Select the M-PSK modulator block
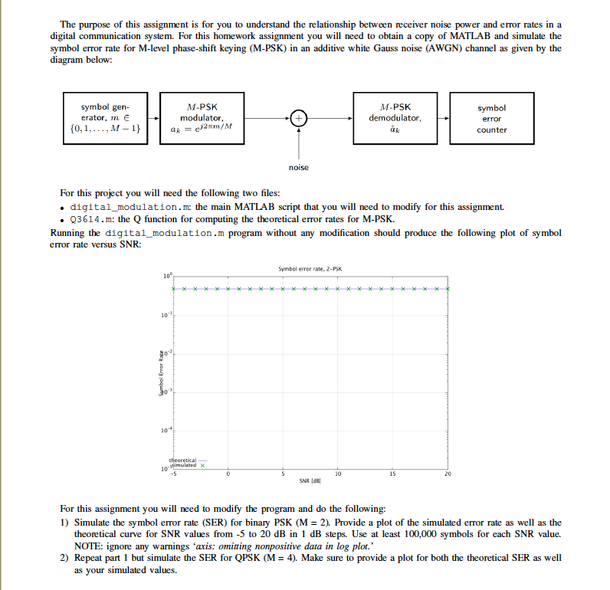point(202,119)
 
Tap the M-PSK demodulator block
point(395,119)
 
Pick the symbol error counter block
point(491,119)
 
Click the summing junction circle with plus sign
point(299,119)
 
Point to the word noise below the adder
point(299,167)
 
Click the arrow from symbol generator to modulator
point(152,119)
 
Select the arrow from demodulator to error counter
point(442,119)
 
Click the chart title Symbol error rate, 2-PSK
point(310,269)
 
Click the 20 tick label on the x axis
point(448,474)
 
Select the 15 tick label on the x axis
point(392,474)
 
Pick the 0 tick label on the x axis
point(228,474)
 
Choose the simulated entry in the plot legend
point(188,464)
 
